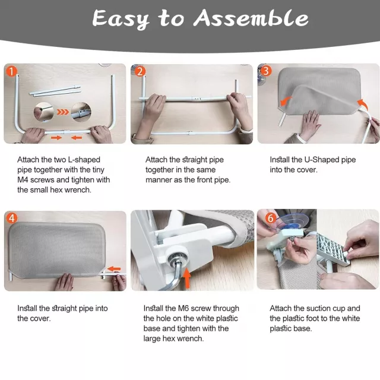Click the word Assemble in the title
[x=251, y=18]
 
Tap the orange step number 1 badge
[x=11, y=71]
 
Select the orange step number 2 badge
[x=140, y=71]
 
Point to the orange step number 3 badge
[x=265, y=71]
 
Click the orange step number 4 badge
[x=11, y=218]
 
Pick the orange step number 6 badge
[x=271, y=218]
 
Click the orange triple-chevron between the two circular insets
[x=63, y=112]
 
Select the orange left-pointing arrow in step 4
[x=114, y=268]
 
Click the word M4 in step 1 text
[x=23, y=180]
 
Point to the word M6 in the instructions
[x=183, y=308]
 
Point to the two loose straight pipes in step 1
[x=55, y=91]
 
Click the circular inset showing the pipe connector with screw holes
[x=81, y=112]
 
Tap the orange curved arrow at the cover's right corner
[x=363, y=104]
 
